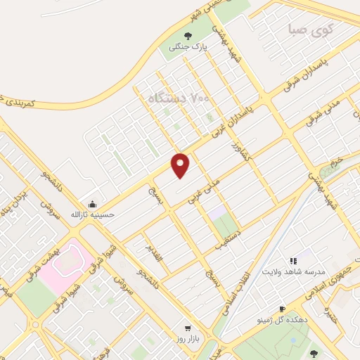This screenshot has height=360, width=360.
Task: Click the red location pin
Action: pos(181,165)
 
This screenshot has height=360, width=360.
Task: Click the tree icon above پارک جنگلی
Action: pos(187,37)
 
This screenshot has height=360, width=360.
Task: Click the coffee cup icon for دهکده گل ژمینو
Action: pos(282,309)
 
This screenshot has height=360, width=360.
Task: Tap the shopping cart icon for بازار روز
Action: pos(187,328)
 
